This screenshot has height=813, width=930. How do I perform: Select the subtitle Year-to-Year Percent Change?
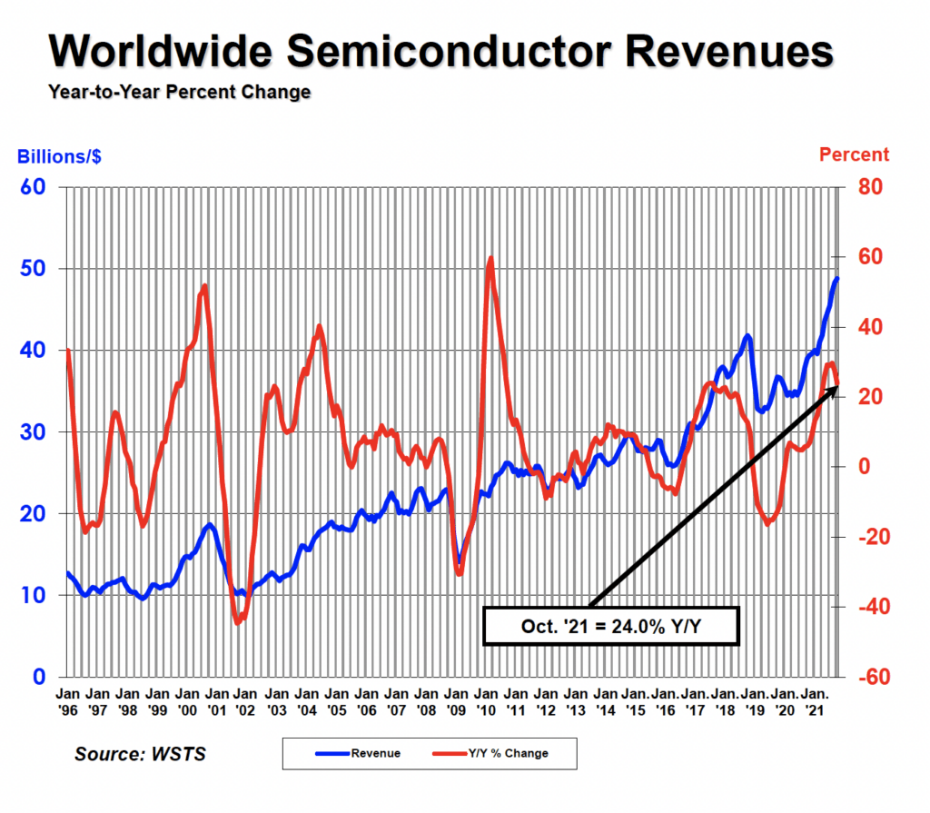tap(179, 92)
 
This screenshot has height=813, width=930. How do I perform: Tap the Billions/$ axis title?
tap(59, 155)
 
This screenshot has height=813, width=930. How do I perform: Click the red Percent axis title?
tap(855, 154)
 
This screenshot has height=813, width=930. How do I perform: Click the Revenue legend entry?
tap(358, 753)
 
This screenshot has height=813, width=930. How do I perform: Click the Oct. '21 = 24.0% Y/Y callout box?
tap(611, 626)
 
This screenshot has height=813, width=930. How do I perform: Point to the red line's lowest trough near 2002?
tap(238, 622)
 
